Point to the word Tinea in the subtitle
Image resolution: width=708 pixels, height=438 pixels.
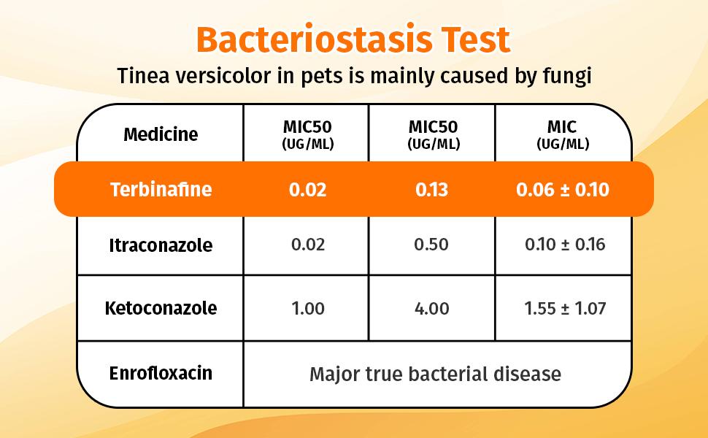pyautogui.click(x=142, y=75)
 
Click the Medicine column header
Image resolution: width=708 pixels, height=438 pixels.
pyautogui.click(x=161, y=134)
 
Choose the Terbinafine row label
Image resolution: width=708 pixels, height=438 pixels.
pyautogui.click(x=161, y=189)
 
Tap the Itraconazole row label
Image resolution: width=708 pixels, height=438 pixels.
pyautogui.click(x=161, y=245)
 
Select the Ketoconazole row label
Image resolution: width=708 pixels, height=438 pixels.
pyautogui.click(x=161, y=308)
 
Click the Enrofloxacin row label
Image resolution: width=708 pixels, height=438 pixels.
pyautogui.click(x=161, y=373)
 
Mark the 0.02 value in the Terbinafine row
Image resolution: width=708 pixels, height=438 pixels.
pyautogui.click(x=307, y=190)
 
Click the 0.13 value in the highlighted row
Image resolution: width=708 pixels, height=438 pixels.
pyautogui.click(x=431, y=190)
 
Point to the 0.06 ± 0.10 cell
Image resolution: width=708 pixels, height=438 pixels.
pyautogui.click(x=563, y=190)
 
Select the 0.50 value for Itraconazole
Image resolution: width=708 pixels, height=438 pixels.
pyautogui.click(x=431, y=245)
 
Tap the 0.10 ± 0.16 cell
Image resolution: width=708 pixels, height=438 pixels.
pyautogui.click(x=565, y=245)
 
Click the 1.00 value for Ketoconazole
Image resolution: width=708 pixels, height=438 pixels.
pyautogui.click(x=308, y=309)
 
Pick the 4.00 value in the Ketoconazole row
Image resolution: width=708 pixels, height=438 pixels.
pyautogui.click(x=431, y=309)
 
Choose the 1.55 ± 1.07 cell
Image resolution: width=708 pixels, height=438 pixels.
pyautogui.click(x=565, y=309)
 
